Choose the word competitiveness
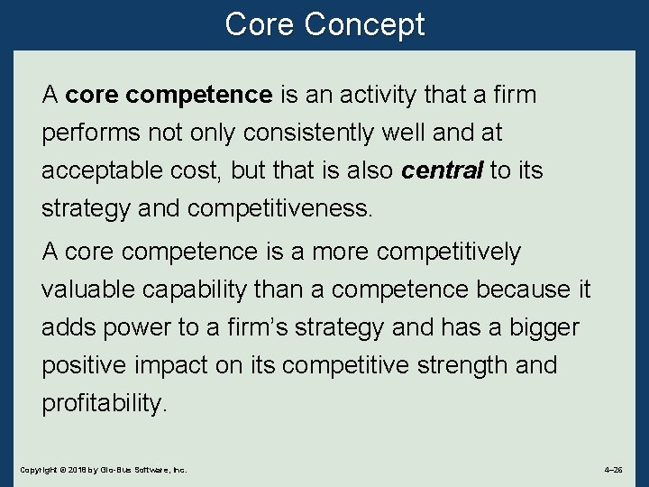tap(279, 209)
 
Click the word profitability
tap(105, 404)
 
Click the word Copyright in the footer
tap(37, 471)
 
